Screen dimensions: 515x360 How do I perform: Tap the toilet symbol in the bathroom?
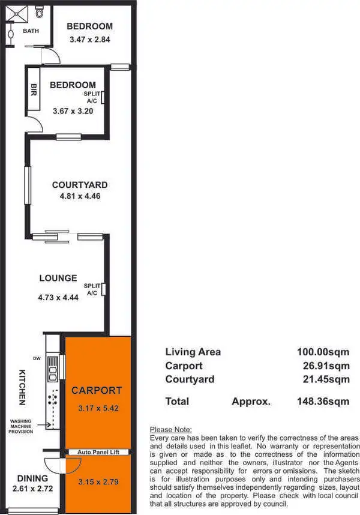pyautogui.click(x=40, y=11)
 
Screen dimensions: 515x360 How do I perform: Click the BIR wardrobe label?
pyautogui.click(x=34, y=90)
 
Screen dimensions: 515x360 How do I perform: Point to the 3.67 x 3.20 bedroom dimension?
pyautogui.click(x=72, y=110)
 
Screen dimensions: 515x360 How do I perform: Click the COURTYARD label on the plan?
pyautogui.click(x=79, y=185)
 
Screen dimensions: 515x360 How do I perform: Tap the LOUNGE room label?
pyautogui.click(x=58, y=278)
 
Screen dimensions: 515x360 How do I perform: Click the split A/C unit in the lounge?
pyautogui.click(x=104, y=289)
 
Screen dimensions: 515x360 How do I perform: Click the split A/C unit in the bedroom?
pyautogui.click(x=104, y=97)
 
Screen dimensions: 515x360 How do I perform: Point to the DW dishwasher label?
pyautogui.click(x=37, y=359)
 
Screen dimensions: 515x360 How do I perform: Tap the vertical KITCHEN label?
pyautogui.click(x=22, y=386)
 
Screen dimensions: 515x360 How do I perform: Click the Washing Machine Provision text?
pyautogui.click(x=20, y=427)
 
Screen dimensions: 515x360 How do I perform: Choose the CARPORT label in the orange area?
pyautogui.click(x=97, y=390)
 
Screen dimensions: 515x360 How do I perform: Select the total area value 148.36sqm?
pyautogui.click(x=323, y=401)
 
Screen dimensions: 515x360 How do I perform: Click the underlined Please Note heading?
pyautogui.click(x=170, y=430)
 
